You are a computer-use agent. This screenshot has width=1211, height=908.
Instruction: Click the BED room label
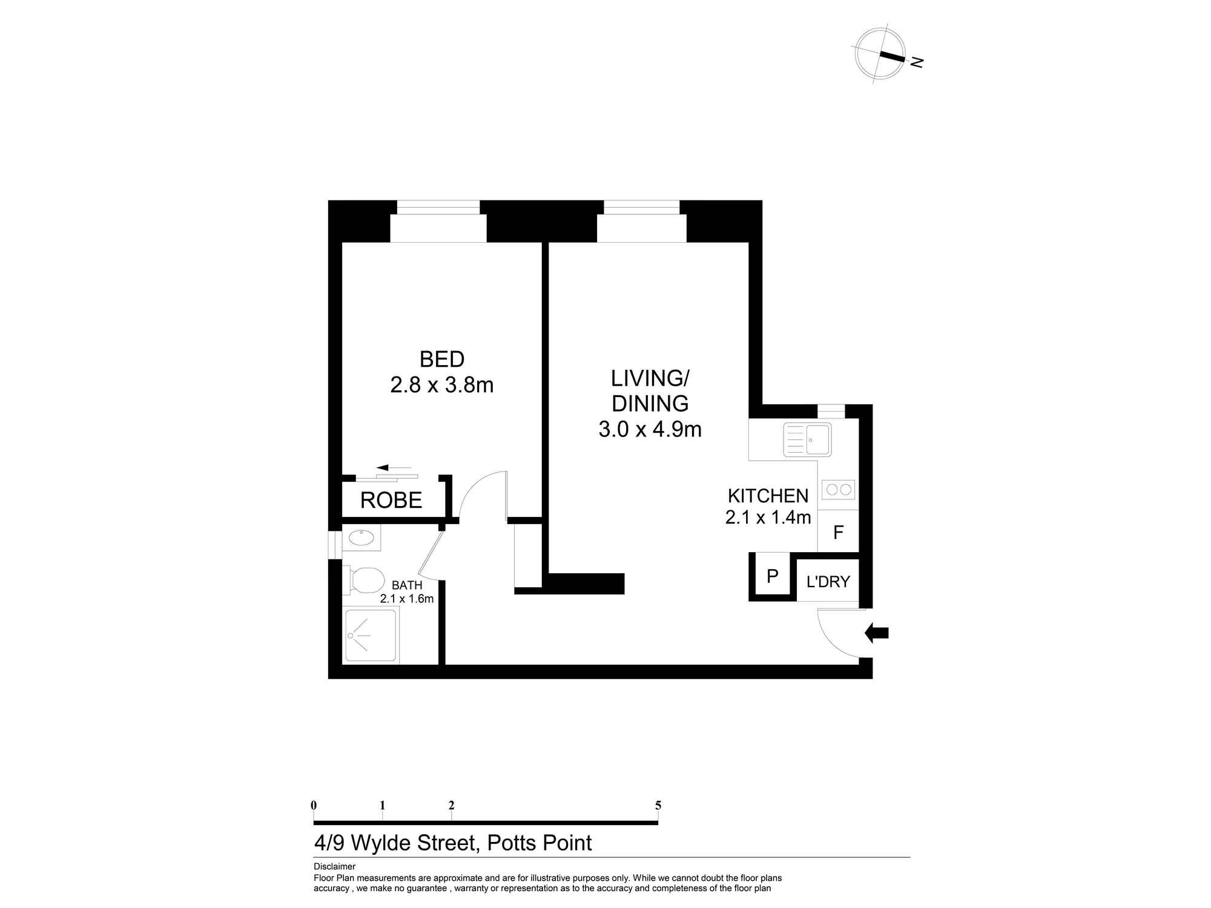pyautogui.click(x=441, y=360)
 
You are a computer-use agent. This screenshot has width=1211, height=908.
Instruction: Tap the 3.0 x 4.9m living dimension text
pyautogui.click(x=650, y=430)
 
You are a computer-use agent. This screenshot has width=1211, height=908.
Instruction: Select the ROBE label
pyautogui.click(x=391, y=501)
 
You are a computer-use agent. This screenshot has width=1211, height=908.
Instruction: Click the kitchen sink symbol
pyautogui.click(x=807, y=439)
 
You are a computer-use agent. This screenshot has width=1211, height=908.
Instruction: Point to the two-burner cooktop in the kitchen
pyautogui.click(x=839, y=489)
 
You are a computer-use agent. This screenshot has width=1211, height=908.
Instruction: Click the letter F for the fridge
pyautogui.click(x=838, y=533)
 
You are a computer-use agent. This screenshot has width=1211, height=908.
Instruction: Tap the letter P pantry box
pyautogui.click(x=772, y=576)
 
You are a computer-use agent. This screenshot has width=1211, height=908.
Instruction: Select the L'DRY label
pyautogui.click(x=828, y=582)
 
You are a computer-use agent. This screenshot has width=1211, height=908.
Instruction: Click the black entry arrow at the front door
pyautogui.click(x=877, y=633)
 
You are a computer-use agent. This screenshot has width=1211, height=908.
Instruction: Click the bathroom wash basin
pyautogui.click(x=361, y=538)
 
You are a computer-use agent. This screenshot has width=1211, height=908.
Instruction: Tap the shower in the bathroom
pyautogui.click(x=371, y=635)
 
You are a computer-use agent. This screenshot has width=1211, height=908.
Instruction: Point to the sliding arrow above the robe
pyautogui.click(x=392, y=468)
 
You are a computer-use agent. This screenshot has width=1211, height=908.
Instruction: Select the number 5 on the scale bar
pyautogui.click(x=658, y=806)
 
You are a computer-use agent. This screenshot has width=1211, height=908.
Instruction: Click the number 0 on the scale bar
pyautogui.click(x=314, y=806)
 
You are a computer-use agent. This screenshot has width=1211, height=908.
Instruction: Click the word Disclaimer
pyautogui.click(x=334, y=867)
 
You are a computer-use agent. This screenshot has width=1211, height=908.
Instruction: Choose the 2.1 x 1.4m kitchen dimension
pyautogui.click(x=768, y=518)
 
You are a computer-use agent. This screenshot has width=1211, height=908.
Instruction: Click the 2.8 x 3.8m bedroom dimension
pyautogui.click(x=441, y=385)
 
